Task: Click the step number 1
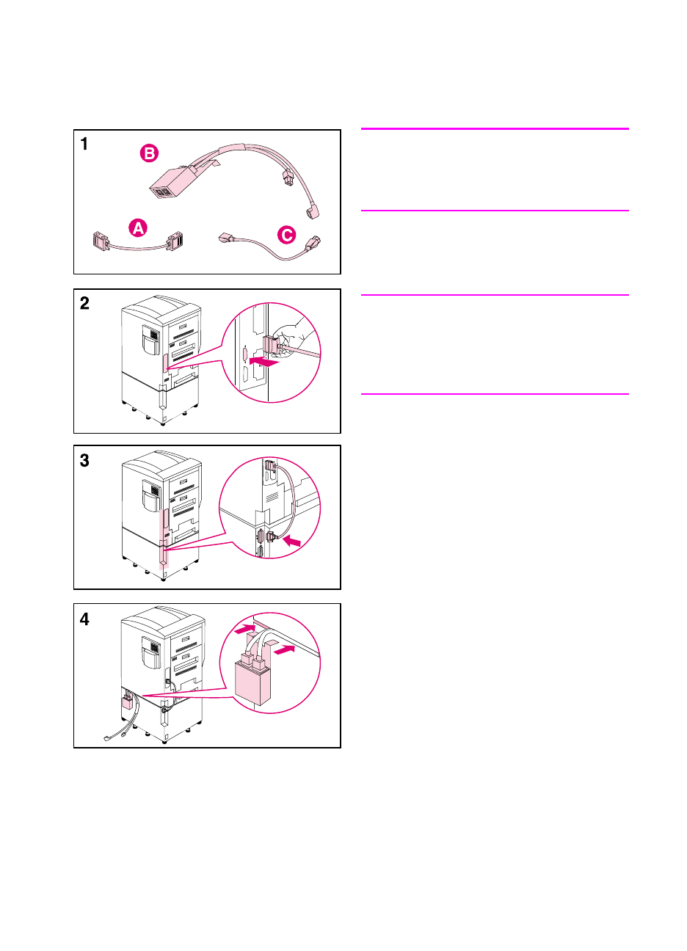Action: tap(84, 144)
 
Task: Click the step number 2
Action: tap(84, 303)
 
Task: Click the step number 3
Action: tap(84, 460)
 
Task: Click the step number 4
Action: tap(84, 619)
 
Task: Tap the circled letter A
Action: tap(138, 228)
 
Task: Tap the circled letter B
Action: tap(149, 153)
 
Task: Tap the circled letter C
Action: tap(286, 235)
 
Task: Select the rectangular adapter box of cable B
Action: tap(169, 183)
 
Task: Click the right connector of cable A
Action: tap(175, 241)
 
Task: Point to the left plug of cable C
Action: tap(226, 238)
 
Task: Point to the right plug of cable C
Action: tap(313, 244)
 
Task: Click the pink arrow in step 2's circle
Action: tap(263, 362)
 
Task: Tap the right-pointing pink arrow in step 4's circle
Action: tap(284, 649)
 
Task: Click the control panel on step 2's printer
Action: tap(151, 339)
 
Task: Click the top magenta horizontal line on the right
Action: tap(495, 128)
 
